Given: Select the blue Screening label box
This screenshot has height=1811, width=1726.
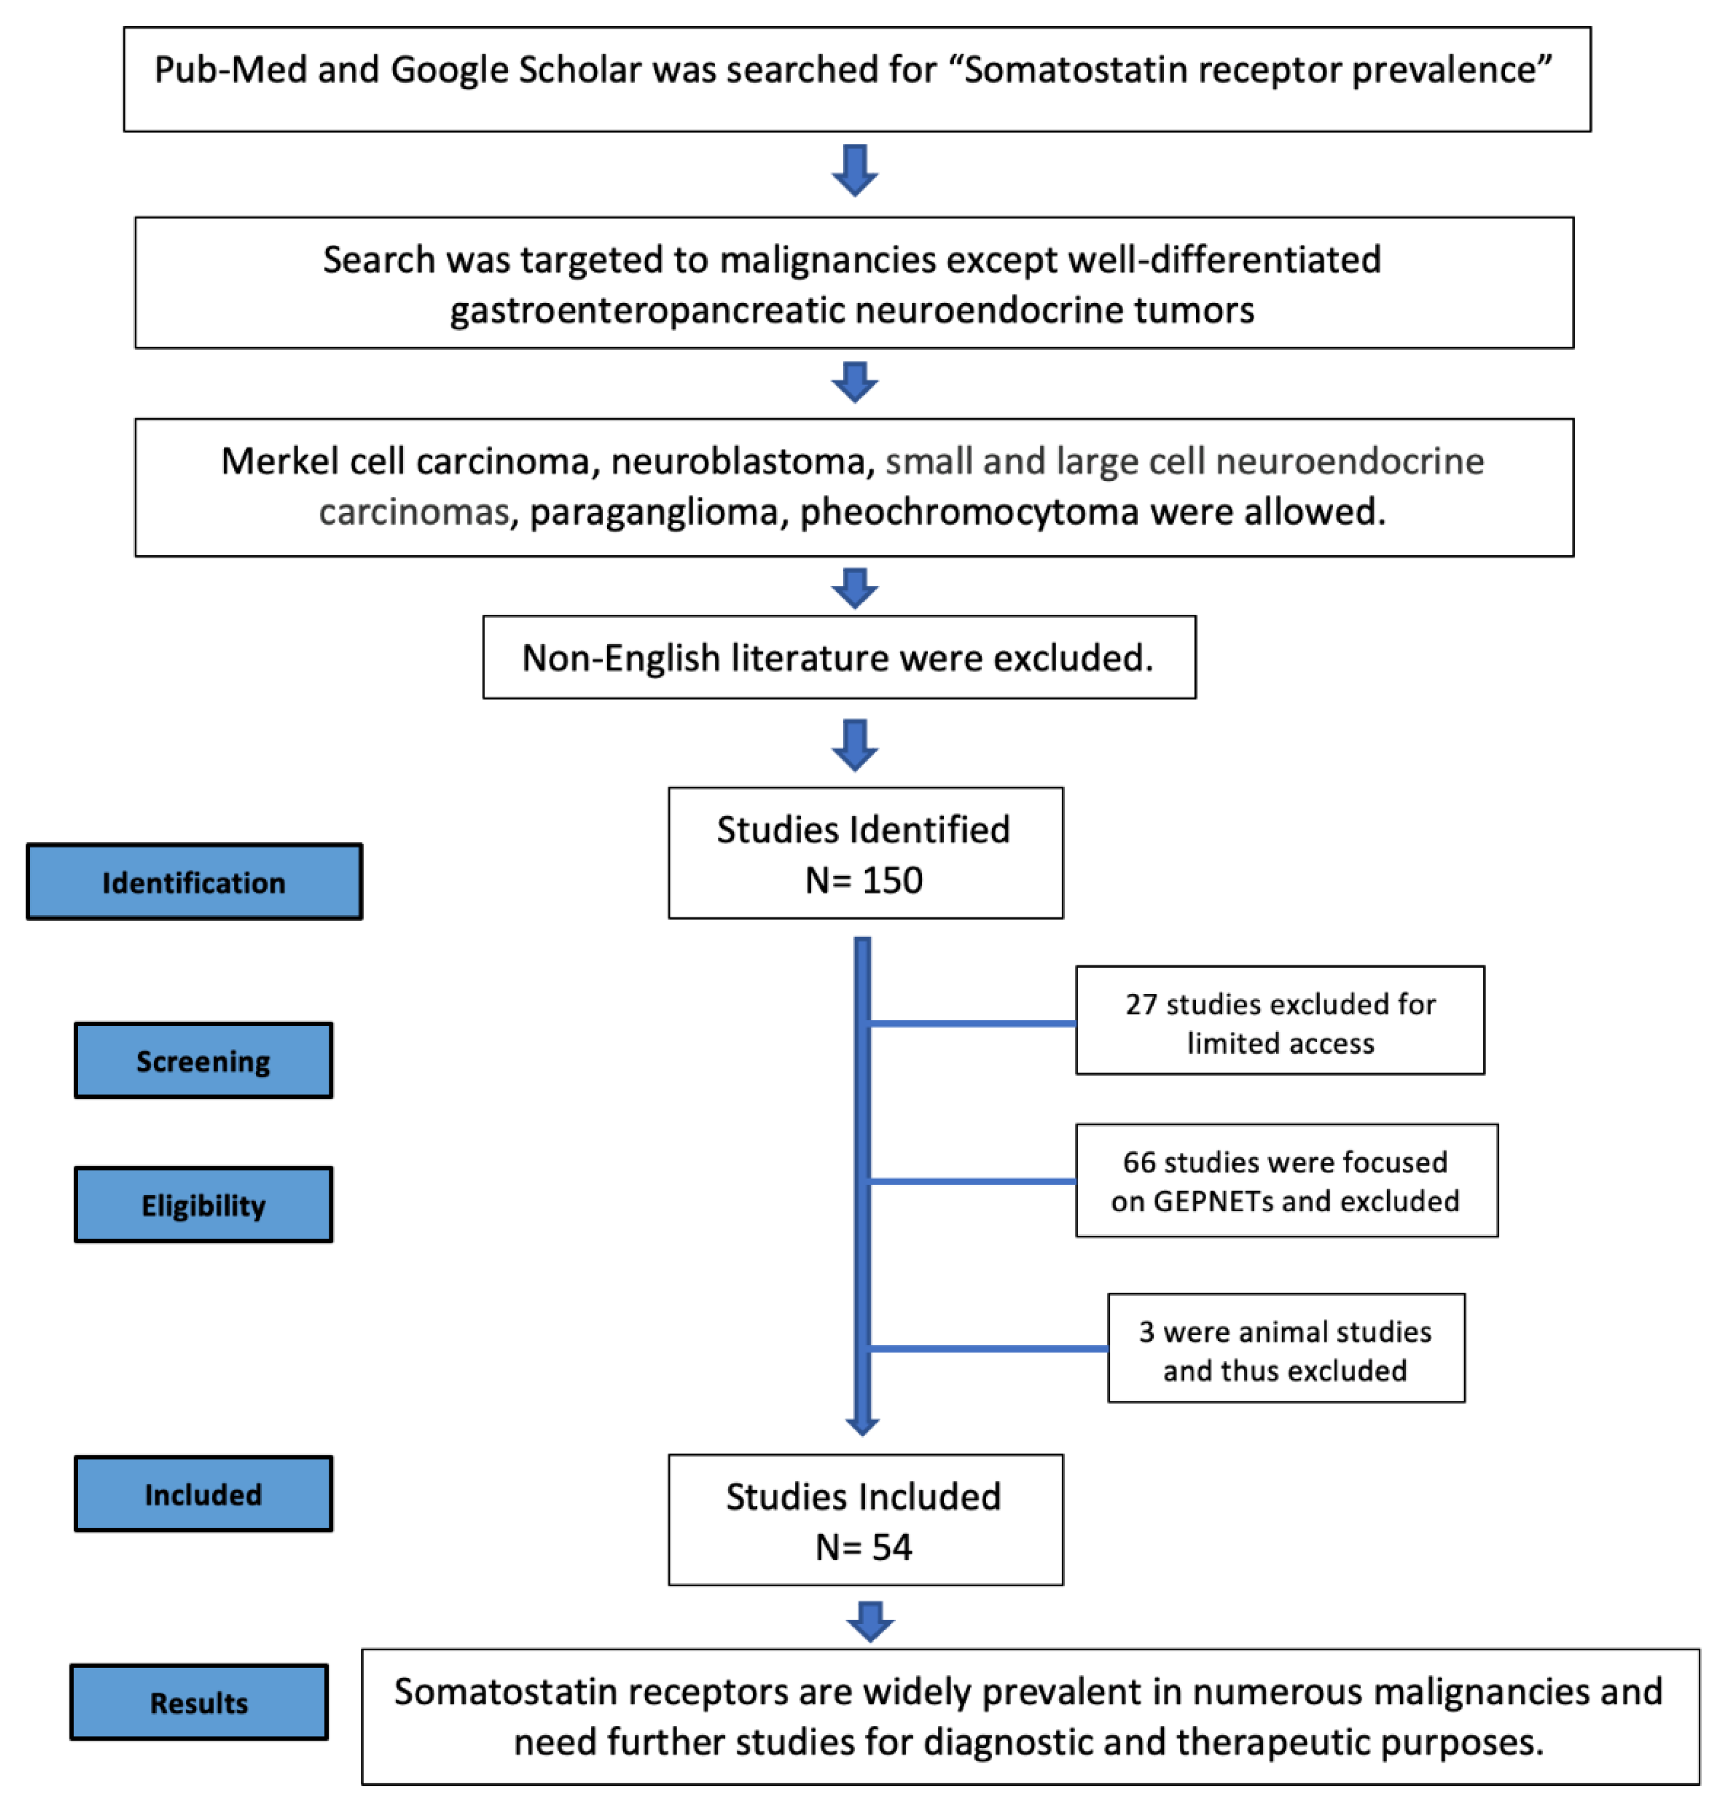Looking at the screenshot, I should click(203, 1060).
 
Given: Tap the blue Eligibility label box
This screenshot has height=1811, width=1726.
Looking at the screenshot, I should click(203, 1205).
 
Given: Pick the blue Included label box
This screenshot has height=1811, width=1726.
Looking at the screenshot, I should click(203, 1493).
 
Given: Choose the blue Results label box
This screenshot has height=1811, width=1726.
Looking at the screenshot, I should click(199, 1702).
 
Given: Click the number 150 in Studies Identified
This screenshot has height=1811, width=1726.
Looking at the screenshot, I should click(891, 881).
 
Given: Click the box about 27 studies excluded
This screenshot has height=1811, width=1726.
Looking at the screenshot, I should click(1280, 1021).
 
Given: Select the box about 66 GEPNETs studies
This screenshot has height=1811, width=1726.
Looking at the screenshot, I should click(1286, 1181).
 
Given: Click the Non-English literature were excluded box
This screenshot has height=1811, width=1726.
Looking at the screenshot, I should click(838, 658).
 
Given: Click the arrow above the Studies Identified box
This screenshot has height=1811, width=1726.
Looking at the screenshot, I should click(855, 744).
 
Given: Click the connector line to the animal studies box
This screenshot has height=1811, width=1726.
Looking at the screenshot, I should click(989, 1349).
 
